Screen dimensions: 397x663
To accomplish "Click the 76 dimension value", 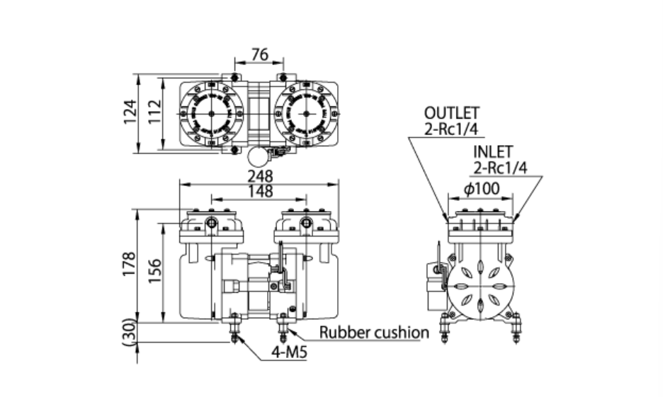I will [259, 55].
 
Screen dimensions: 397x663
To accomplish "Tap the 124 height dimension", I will [130, 112].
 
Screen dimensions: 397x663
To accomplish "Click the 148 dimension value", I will [259, 191].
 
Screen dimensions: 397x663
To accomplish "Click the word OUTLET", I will [451, 113].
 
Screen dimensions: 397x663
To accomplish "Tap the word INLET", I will [493, 153].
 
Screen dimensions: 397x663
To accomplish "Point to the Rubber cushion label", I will [374, 333].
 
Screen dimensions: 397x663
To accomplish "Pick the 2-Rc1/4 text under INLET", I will [501, 168].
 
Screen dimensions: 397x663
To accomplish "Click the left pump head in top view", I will [211, 113].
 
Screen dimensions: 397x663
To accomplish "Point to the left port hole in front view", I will [212, 224].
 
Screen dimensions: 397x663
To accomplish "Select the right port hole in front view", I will [306, 224].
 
